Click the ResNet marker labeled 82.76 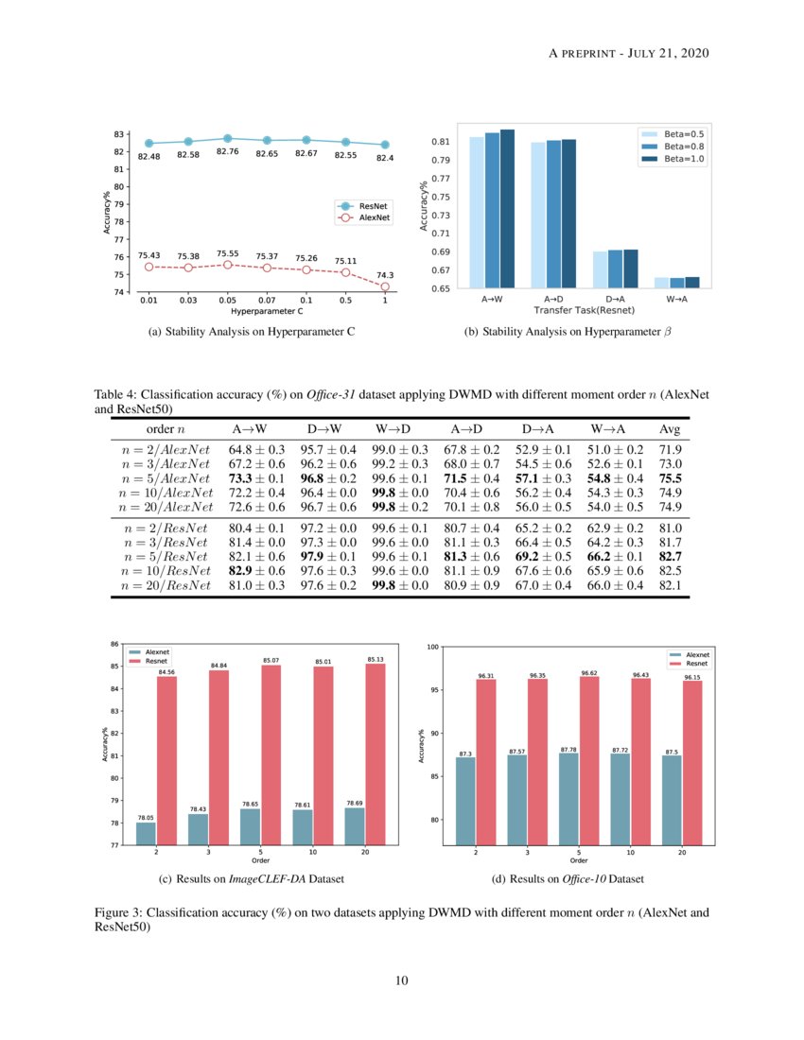point(227,138)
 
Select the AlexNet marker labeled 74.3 point(384,286)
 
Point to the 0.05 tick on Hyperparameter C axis point(227,300)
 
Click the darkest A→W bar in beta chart point(507,208)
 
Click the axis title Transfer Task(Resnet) point(584,310)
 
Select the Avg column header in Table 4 point(671,429)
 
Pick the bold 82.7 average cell point(671,558)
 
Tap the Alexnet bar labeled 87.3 point(466,800)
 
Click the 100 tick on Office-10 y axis point(433,647)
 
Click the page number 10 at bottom point(402,980)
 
